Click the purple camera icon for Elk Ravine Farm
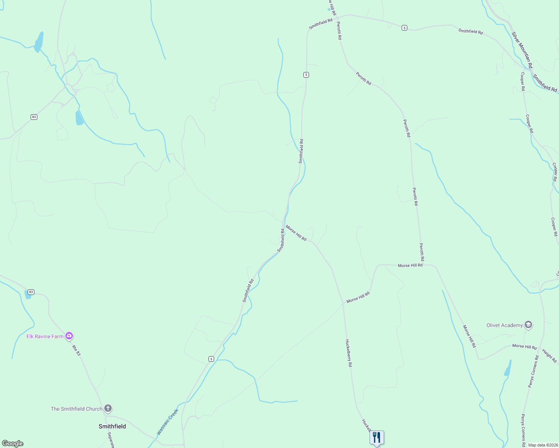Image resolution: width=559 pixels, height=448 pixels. click(69, 336)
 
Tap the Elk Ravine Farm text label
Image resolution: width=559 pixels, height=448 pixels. click(45, 336)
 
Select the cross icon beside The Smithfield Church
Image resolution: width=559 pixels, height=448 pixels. click(108, 408)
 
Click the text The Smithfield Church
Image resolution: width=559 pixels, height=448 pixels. click(77, 409)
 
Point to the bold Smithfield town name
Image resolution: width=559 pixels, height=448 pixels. click(112, 426)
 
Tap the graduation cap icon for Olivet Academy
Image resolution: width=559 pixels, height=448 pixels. click(528, 325)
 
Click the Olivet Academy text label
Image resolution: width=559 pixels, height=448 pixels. click(504, 325)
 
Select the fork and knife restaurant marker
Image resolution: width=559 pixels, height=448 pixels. click(377, 437)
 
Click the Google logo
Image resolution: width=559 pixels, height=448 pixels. click(13, 444)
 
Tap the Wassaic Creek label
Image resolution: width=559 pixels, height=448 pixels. click(167, 422)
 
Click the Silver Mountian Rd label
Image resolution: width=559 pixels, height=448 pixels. click(521, 50)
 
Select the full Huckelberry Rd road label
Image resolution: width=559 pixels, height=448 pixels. click(349, 353)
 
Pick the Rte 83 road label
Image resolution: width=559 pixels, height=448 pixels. click(76, 350)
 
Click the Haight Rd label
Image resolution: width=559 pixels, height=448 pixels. click(549, 356)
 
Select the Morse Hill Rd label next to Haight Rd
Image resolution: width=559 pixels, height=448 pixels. click(524, 346)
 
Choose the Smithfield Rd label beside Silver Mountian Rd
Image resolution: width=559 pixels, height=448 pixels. click(545, 83)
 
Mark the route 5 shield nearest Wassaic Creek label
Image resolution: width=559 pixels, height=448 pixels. click(211, 359)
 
